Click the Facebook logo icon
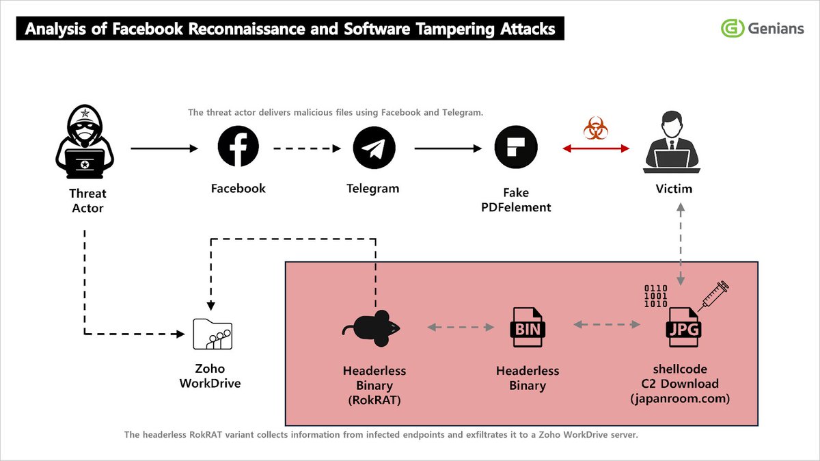pos(238,147)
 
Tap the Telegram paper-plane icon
pos(374,148)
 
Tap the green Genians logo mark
pos(732,28)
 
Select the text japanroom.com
pos(681,397)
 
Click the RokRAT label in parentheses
pos(374,399)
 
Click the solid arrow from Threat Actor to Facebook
pos(163,148)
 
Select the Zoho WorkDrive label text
pos(210,376)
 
